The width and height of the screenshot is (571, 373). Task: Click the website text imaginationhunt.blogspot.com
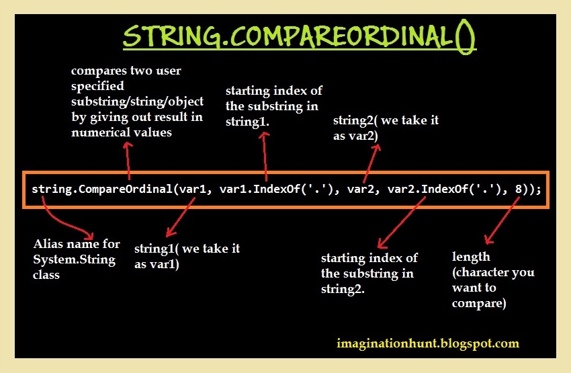click(x=428, y=343)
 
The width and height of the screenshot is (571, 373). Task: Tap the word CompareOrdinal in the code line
click(x=126, y=189)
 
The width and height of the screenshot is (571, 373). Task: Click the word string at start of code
click(x=50, y=189)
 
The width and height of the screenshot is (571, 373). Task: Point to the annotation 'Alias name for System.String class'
click(x=74, y=259)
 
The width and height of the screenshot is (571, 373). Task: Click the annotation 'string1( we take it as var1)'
click(x=187, y=256)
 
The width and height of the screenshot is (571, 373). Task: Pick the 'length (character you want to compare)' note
click(x=493, y=280)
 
